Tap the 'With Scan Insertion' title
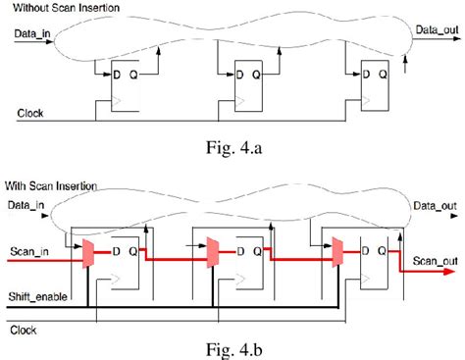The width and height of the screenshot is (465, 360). (x=53, y=183)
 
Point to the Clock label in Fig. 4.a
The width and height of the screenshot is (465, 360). (x=31, y=113)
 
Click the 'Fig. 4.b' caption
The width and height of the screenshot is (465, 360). (x=232, y=347)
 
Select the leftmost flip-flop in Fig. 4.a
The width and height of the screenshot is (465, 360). (x=114, y=84)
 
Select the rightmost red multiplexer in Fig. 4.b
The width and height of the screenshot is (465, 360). (x=336, y=253)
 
